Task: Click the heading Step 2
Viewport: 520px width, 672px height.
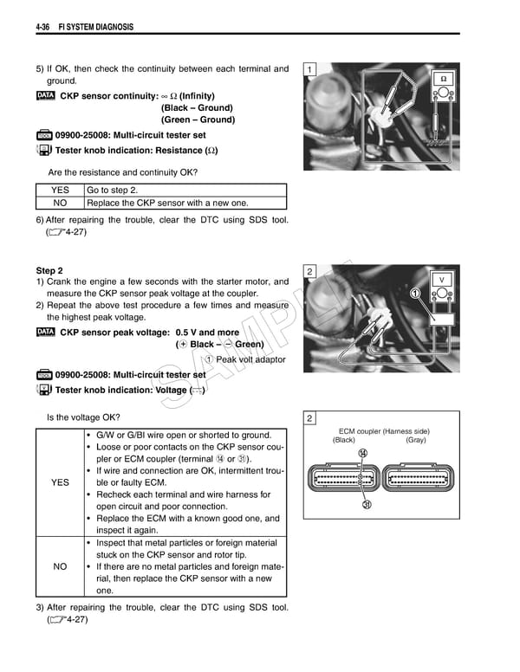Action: [49, 270]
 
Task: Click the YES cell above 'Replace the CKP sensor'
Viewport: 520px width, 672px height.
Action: [60, 191]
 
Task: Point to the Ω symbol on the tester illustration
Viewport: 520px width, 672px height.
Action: [443, 79]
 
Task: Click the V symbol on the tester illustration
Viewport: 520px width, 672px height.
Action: [442, 280]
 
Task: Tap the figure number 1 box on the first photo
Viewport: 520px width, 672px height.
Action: [310, 69]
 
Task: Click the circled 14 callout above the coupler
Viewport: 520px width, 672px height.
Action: [361, 453]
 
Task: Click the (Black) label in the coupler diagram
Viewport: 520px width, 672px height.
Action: [344, 440]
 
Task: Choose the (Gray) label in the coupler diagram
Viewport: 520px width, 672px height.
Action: [416, 440]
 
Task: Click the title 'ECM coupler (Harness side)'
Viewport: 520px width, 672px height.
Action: [383, 431]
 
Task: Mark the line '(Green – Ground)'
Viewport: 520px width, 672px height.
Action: [198, 120]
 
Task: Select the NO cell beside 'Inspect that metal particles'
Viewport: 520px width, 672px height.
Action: [60, 566]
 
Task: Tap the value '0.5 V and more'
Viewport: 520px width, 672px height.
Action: [207, 333]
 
